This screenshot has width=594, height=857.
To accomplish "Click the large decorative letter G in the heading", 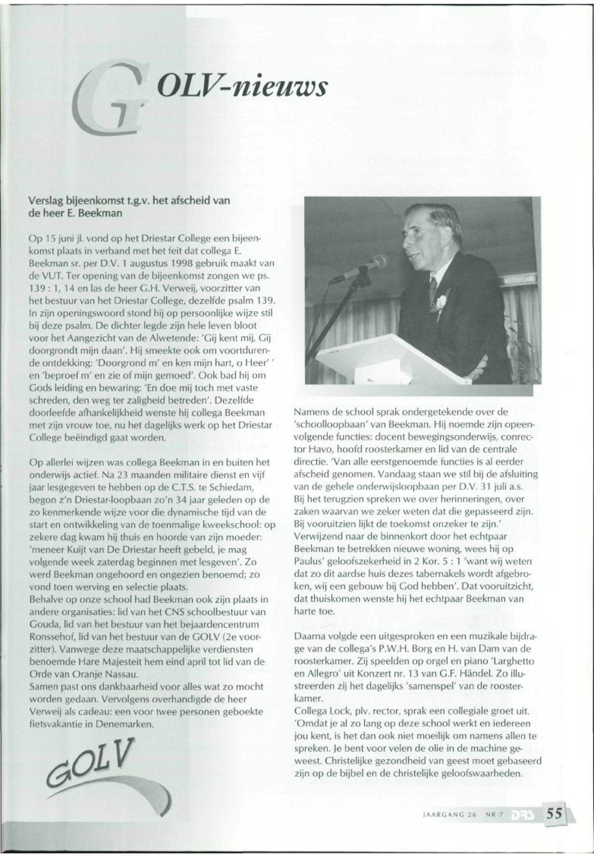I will click(x=112, y=100).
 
